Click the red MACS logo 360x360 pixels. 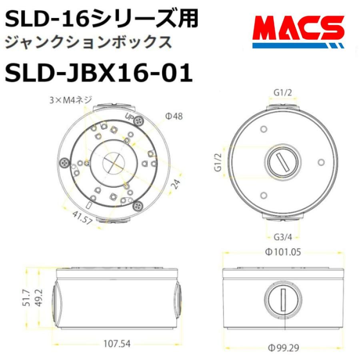pos(298,31)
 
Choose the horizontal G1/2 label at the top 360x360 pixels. pos(282,92)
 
